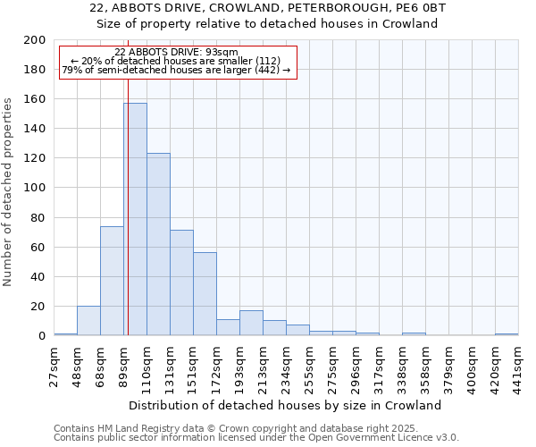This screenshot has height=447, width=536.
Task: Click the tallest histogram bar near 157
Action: point(135,219)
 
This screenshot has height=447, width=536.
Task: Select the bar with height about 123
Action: point(158,244)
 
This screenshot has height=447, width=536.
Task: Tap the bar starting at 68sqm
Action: point(112,281)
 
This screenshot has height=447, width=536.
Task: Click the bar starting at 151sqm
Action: point(205,294)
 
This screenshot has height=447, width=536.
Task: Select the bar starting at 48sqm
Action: point(88,320)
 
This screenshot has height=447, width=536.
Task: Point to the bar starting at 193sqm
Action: point(251,323)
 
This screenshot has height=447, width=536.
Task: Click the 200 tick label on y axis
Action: point(35,40)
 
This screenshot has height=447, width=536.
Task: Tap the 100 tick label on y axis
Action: point(35,188)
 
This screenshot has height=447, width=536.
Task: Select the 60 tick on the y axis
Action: point(38,247)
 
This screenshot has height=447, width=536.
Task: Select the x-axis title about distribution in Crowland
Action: point(285,405)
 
